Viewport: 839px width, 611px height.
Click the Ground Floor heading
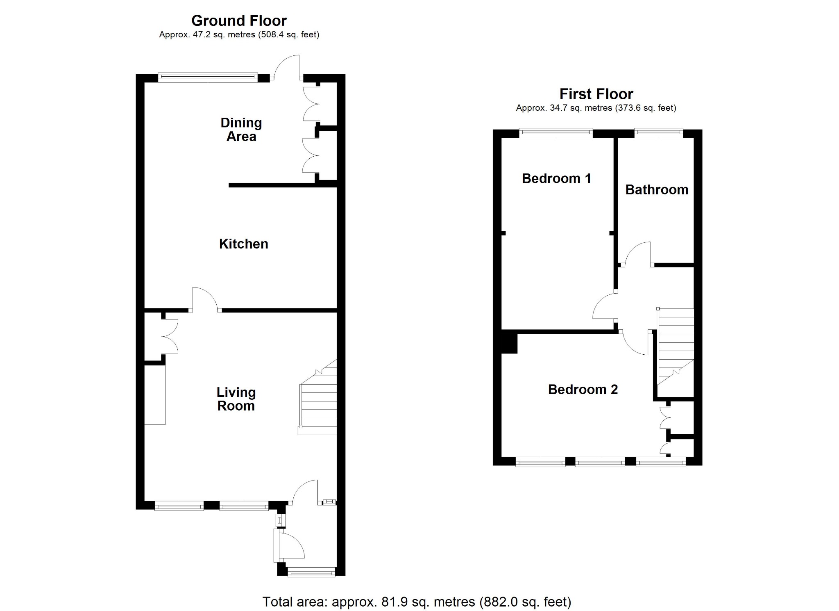(239, 21)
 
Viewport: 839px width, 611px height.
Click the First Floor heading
(596, 94)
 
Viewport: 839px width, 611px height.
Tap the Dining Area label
(241, 130)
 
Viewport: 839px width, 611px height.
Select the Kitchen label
(244, 244)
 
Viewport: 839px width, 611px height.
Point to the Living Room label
(236, 399)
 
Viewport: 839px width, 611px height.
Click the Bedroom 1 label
(556, 178)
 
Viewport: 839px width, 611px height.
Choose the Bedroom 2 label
(583, 389)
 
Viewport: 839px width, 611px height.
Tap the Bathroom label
(657, 189)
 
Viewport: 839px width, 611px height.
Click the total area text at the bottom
(417, 602)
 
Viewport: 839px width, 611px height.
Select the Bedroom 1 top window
(556, 132)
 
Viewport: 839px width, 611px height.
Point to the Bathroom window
(659, 132)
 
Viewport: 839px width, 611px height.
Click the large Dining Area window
(208, 77)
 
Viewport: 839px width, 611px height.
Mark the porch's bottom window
(311, 572)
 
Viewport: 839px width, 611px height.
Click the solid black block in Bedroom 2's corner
(510, 344)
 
